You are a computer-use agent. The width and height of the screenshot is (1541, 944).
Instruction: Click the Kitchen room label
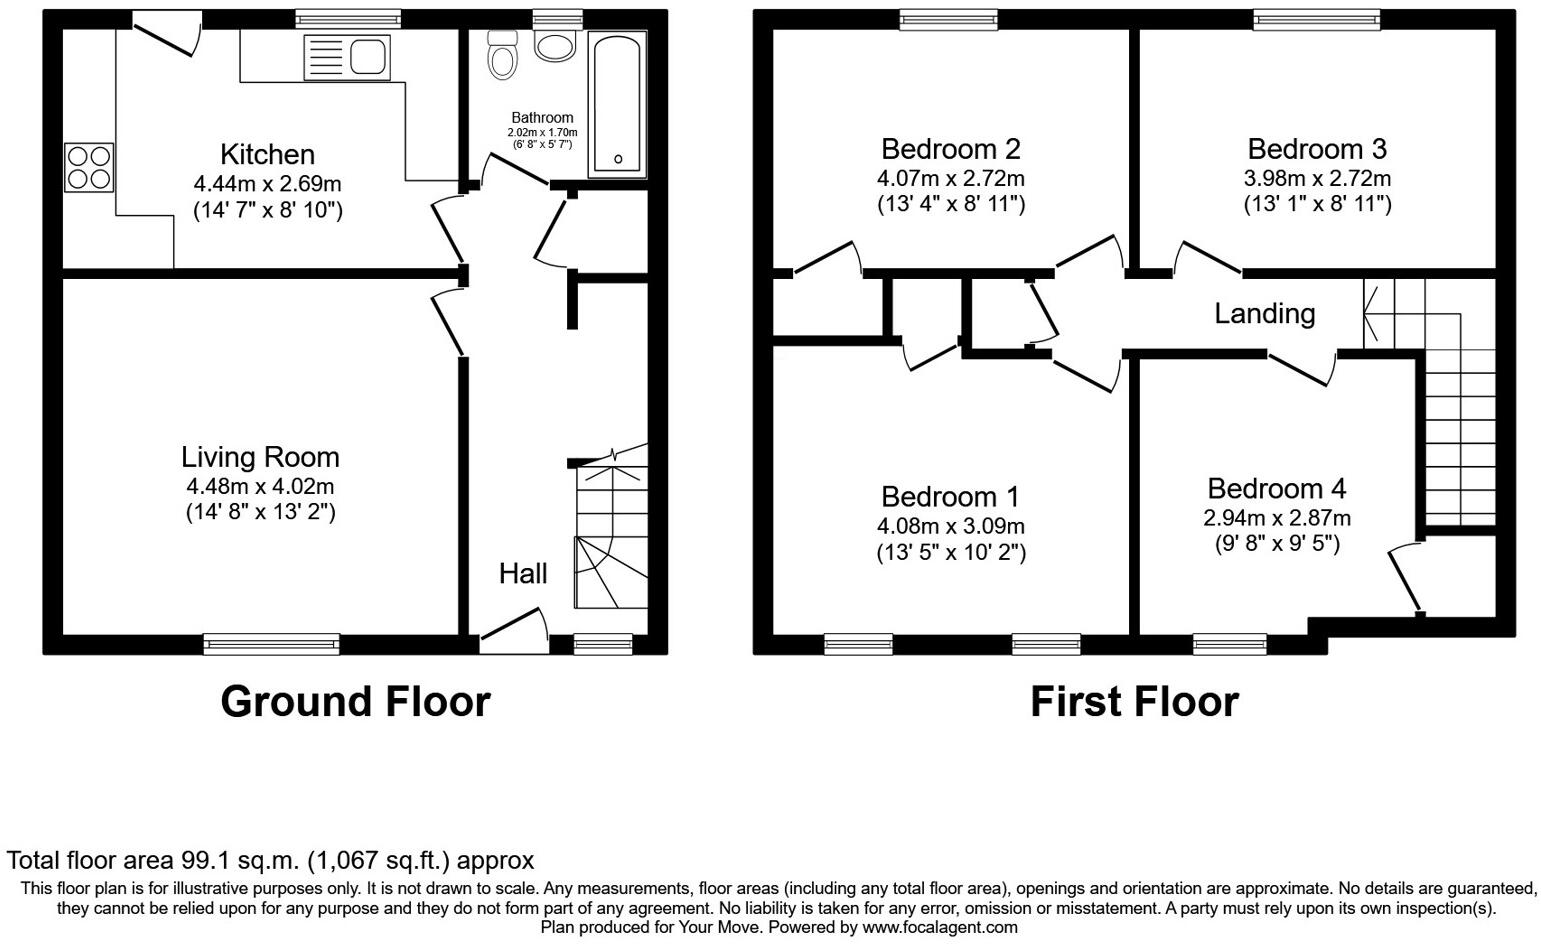[x=267, y=155]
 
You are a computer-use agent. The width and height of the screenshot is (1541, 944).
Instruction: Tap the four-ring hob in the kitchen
[x=89, y=168]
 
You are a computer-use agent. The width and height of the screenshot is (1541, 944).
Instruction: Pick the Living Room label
[x=260, y=457]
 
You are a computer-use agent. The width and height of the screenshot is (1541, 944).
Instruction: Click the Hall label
[x=523, y=573]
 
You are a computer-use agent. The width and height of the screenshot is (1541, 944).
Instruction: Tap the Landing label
[x=1264, y=314]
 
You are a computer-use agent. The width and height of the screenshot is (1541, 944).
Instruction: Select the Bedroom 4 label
[x=1276, y=489]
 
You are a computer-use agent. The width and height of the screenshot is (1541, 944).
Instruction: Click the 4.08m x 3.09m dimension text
[x=950, y=526]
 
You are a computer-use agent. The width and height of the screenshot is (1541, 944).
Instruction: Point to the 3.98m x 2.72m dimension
[x=1317, y=178]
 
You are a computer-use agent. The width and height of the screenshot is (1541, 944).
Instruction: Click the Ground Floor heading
[x=355, y=702]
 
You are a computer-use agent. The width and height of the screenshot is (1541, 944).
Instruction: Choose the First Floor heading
[x=1134, y=702]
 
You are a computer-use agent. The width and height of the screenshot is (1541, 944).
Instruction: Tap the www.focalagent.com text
[x=940, y=928]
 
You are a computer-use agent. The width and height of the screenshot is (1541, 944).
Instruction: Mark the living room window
[x=271, y=644]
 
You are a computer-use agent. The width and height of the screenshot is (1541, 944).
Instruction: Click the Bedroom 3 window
[x=1331, y=18]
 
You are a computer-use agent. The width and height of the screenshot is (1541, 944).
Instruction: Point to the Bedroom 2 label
[x=950, y=149]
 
